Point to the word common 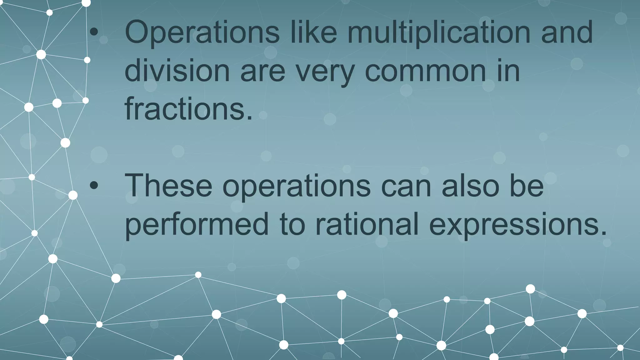pyautogui.click(x=425, y=71)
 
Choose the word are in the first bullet pyautogui.click(x=262, y=71)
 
